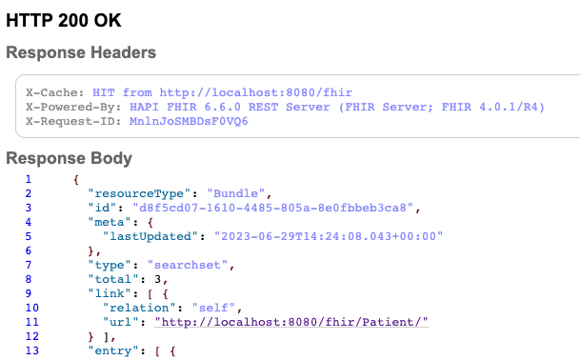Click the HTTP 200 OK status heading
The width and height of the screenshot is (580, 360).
(63, 18)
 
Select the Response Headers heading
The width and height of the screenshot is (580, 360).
(81, 52)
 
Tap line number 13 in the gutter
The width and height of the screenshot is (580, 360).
(29, 351)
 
